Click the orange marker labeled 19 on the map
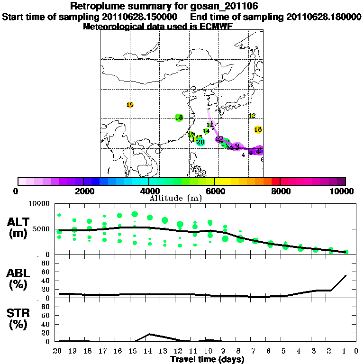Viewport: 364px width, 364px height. tap(130, 105)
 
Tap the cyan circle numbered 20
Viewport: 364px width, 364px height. tap(200, 142)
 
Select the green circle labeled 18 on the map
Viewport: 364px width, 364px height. tap(179, 118)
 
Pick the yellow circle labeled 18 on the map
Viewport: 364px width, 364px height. tap(258, 129)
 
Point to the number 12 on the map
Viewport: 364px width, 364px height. tap(252, 116)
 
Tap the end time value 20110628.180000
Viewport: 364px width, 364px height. tap(324, 17)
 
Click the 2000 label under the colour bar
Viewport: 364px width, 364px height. tap(83, 191)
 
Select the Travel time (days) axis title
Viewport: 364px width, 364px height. tap(207, 360)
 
